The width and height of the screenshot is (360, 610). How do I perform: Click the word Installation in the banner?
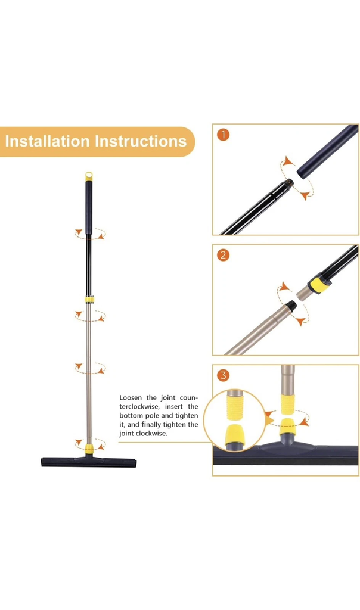coord(47,141)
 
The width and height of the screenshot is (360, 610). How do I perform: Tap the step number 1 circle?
coord(223,135)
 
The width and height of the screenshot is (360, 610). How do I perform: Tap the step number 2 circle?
coord(223,255)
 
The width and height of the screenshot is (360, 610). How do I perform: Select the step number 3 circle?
coord(223,375)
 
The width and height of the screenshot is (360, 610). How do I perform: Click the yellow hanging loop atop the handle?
coord(89,176)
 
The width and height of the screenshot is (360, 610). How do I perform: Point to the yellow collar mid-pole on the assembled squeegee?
coord(89,300)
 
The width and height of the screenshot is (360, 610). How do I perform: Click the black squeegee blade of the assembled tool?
coord(89,463)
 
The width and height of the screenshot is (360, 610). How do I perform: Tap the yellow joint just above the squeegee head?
coord(89,448)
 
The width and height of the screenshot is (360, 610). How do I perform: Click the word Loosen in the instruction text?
coord(131,397)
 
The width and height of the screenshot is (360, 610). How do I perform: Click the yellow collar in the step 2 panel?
coord(319,283)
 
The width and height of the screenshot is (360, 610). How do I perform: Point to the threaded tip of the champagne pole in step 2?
coord(291,306)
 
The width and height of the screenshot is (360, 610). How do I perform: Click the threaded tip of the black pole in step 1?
coord(288,183)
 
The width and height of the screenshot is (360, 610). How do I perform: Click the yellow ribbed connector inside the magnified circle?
coord(235,404)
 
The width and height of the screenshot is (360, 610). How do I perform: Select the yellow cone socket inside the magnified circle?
coord(235,434)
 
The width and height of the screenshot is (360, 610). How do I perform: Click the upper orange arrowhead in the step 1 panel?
coord(288,160)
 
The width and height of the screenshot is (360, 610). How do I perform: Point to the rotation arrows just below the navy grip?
coord(90,234)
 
